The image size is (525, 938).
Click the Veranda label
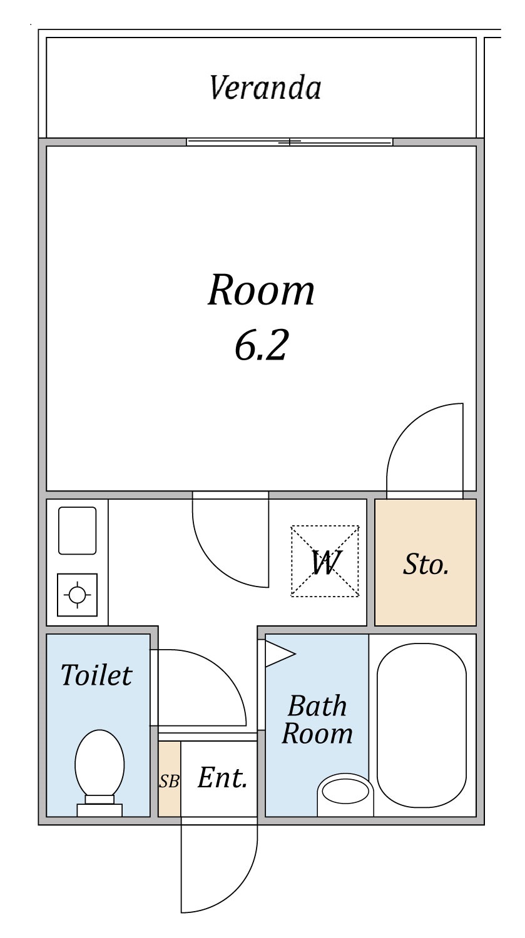pos(265,88)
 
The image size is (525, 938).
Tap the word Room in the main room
pos(261,290)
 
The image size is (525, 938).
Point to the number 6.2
pos(261,345)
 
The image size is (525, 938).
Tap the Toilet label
pos(96,675)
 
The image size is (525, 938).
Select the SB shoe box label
pos(170,781)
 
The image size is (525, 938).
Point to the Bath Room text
pos(317,720)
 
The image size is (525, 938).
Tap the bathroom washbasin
pos(345,794)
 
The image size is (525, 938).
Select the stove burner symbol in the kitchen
pos(77,595)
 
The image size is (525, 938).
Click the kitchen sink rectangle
pos(77,530)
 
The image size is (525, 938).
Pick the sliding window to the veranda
pos(290,142)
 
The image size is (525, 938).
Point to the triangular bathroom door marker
pos(280,653)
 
